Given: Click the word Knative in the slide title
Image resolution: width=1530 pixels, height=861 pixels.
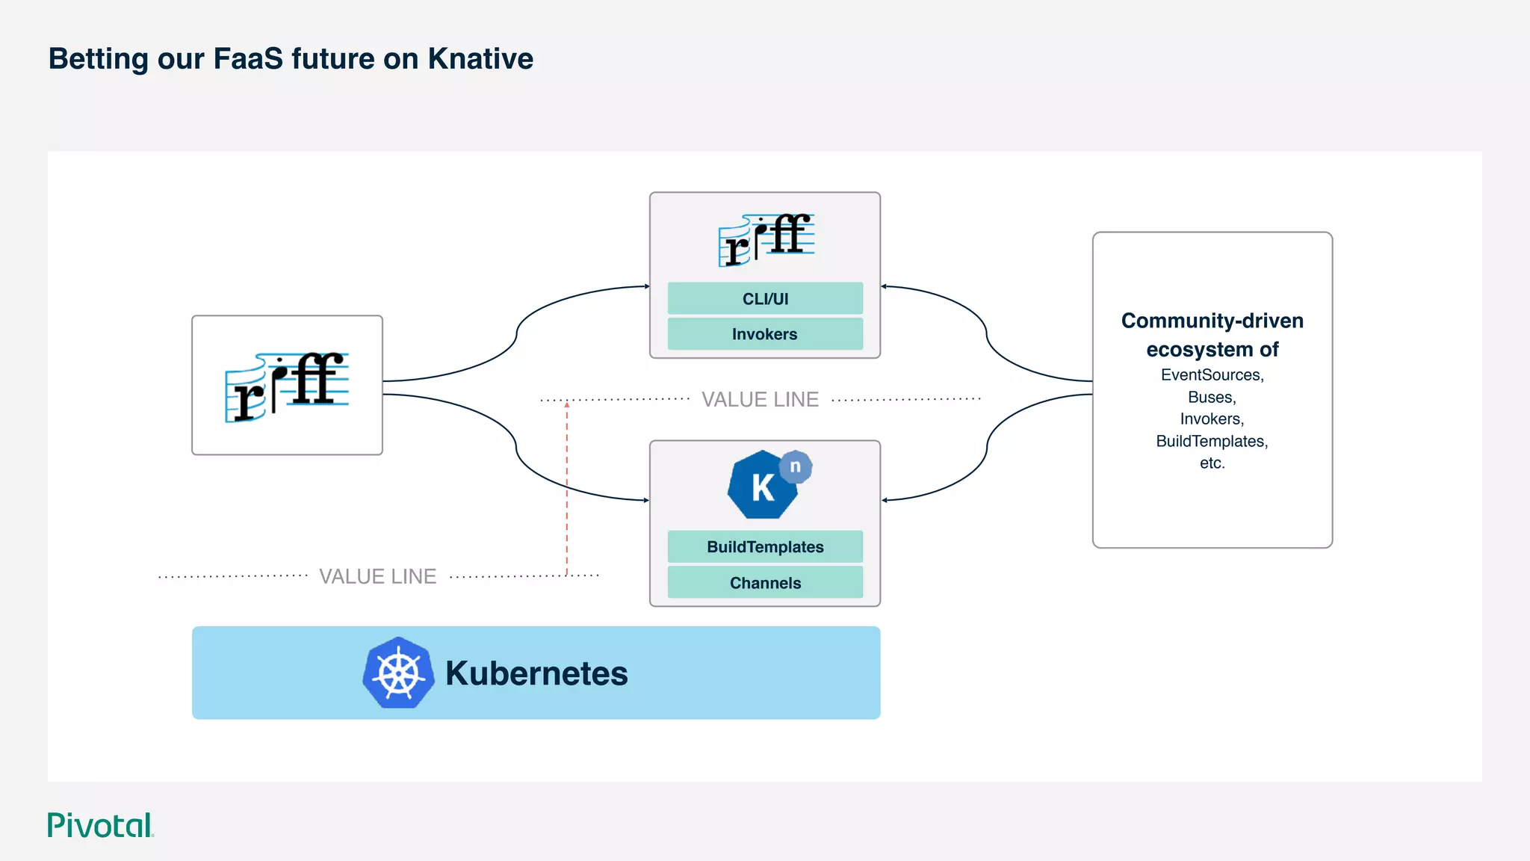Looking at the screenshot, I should click(480, 59).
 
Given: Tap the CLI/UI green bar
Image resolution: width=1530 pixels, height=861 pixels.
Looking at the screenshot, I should click(765, 299).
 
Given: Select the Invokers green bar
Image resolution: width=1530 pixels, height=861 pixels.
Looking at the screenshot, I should click(765, 334).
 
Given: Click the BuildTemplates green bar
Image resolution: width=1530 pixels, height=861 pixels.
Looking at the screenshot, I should click(765, 547).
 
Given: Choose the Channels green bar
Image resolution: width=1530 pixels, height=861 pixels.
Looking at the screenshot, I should click(765, 583).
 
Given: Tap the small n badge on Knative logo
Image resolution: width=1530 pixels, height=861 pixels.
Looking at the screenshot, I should click(796, 466).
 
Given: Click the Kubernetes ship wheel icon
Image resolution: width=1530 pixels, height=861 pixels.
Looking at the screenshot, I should click(399, 673).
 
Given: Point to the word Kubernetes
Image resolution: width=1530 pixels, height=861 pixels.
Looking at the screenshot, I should click(536, 673).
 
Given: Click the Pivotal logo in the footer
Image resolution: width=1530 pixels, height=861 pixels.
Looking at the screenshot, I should click(100, 825).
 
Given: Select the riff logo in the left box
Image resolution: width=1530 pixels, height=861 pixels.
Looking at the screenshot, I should click(287, 386).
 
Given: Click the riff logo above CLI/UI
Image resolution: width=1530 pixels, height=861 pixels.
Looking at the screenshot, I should click(766, 240).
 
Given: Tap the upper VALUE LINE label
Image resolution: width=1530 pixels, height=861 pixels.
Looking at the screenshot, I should click(760, 400).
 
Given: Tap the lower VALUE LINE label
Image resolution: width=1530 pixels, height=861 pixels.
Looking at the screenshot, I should click(377, 576).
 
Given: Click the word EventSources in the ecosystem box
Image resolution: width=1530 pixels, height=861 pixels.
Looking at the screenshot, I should click(1212, 375).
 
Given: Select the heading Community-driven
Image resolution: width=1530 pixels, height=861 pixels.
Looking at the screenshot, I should click(1212, 321).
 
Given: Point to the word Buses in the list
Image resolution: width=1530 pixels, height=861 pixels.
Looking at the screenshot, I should click(1212, 398).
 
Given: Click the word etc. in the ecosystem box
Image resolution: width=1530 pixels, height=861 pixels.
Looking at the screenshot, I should click(1212, 463).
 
